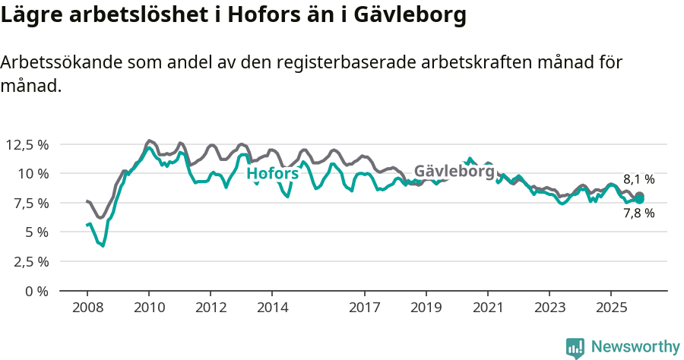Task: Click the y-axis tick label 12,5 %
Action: coord(27,144)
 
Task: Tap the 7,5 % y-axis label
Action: coord(29,203)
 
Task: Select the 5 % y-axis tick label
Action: coord(35,232)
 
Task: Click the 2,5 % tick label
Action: coord(29,261)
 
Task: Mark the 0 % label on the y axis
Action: coord(35,291)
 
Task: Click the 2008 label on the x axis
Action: coord(87,308)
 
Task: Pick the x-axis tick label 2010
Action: coord(149,308)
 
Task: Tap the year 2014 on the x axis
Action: coord(272,308)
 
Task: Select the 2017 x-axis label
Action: coord(365,308)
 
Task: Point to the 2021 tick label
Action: coord(488,308)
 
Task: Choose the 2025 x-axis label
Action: coord(610,308)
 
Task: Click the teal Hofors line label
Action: coord(273,174)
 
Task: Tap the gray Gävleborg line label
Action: coord(454,171)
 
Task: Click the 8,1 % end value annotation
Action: coord(638,180)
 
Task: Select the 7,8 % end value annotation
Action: coord(638,213)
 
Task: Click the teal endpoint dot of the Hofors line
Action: coord(639,199)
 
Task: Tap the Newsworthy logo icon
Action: coord(575,348)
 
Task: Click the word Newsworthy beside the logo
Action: coord(635,347)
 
